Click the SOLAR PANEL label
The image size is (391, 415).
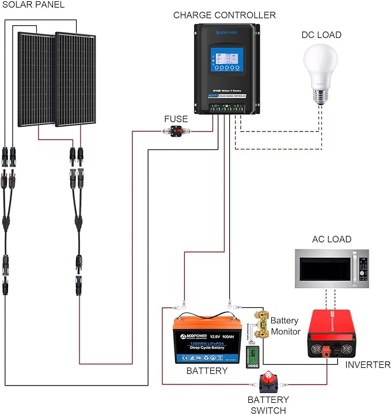point(32,5)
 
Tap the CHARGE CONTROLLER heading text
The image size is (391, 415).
point(224,15)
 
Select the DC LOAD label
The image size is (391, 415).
point(321,35)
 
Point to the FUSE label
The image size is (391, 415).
point(176,119)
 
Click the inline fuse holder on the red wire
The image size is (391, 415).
point(177,131)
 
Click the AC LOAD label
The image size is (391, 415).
point(331,239)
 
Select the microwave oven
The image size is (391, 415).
point(331,269)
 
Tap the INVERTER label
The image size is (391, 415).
point(367,365)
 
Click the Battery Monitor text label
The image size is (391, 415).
point(285,326)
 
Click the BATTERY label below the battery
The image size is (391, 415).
point(207,371)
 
